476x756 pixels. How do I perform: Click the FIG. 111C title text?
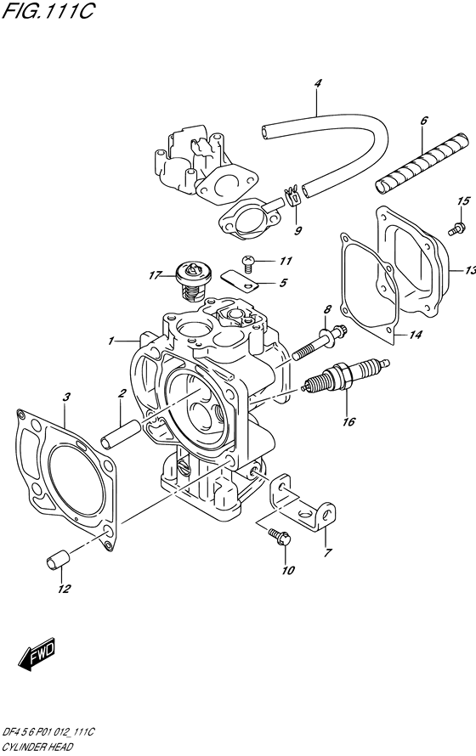point(48,10)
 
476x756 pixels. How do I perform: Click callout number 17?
point(154,275)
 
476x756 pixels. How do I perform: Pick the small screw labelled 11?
point(248,263)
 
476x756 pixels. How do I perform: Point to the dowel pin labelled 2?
point(121,432)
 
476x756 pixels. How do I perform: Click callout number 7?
point(328,552)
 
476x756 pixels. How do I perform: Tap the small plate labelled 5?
point(240,281)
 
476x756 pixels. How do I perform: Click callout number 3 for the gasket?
point(66,397)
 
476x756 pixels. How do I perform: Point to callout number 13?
point(470,270)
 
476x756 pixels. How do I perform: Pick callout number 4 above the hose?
point(317,83)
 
